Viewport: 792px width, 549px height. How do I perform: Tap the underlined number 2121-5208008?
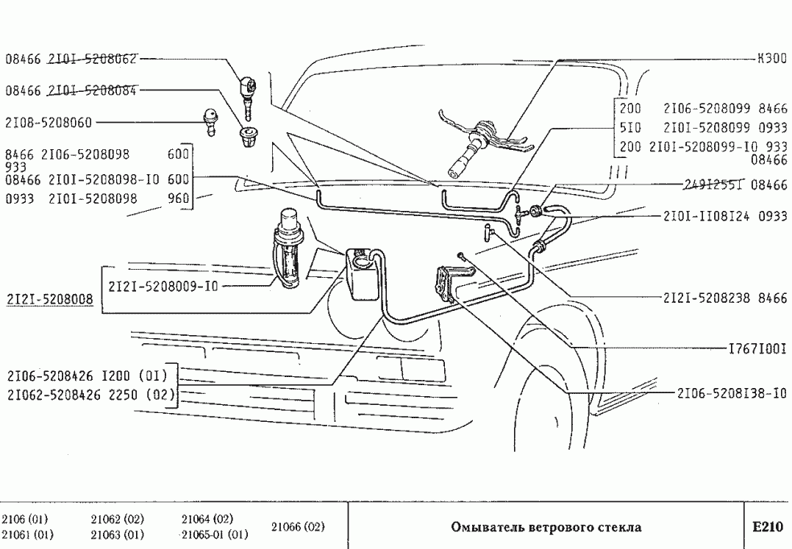point(50,300)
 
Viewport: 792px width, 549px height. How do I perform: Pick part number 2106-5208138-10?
point(732,393)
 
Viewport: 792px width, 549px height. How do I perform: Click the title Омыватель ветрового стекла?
point(545,527)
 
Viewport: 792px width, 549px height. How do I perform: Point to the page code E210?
point(768,527)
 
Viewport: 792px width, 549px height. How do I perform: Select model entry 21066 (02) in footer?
point(298,527)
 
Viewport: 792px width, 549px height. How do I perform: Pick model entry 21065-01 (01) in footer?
point(215,534)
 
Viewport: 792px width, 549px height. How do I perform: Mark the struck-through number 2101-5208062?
point(93,59)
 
